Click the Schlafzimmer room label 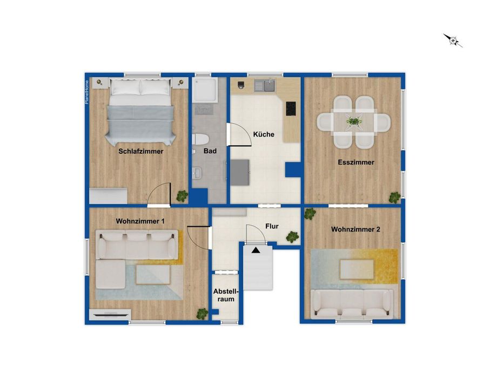pyautogui.click(x=140, y=151)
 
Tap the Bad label pyautogui.click(x=210, y=151)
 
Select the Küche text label pyautogui.click(x=264, y=134)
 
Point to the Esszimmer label pyautogui.click(x=356, y=162)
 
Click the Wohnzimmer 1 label pyautogui.click(x=140, y=221)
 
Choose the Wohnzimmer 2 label pyautogui.click(x=355, y=229)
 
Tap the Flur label pyautogui.click(x=272, y=226)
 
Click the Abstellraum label pyautogui.click(x=226, y=295)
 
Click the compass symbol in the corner pyautogui.click(x=453, y=40)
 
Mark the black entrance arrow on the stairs pyautogui.click(x=256, y=250)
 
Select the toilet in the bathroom pyautogui.click(x=200, y=139)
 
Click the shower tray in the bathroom pyautogui.click(x=205, y=90)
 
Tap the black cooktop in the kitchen pyautogui.click(x=291, y=108)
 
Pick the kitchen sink pyautogui.click(x=270, y=85)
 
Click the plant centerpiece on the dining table pyautogui.click(x=354, y=121)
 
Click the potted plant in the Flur pyautogui.click(x=292, y=237)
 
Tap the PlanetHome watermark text pyautogui.click(x=87, y=92)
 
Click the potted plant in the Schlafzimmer pyautogui.click(x=182, y=196)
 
